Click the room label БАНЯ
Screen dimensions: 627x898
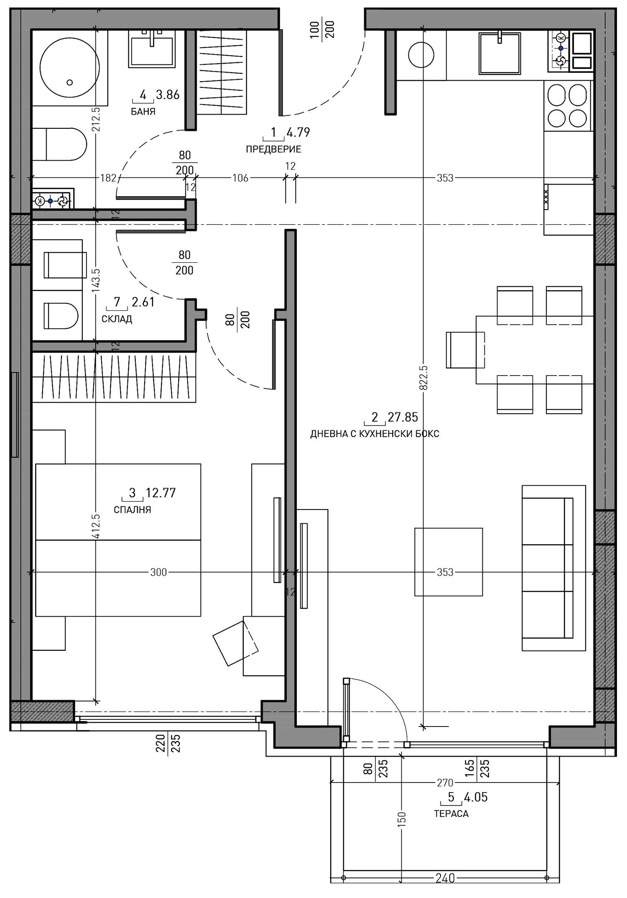pos(143,112)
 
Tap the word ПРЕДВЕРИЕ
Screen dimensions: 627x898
pos(273,149)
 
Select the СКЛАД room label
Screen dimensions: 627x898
pos(117,319)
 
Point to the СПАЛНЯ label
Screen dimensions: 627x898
pos(133,509)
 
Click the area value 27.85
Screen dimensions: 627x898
pos(403,417)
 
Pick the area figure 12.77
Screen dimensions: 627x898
pos(161,493)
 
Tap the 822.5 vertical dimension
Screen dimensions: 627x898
pos(424,377)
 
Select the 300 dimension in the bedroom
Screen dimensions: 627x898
pos(158,572)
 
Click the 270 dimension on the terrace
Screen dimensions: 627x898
pos(445,782)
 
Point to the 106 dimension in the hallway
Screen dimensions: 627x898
pos(240,178)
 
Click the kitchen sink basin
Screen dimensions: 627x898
pos(500,53)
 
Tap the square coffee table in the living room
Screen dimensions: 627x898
pos(449,562)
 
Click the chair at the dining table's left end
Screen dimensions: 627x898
pos(465,350)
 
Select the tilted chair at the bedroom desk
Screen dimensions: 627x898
pos(235,643)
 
